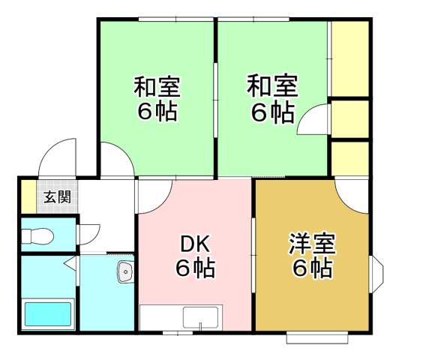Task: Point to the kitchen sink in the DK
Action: point(200,317)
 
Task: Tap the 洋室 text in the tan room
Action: point(312,244)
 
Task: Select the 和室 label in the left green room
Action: point(157,87)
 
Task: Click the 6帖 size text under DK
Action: point(196,268)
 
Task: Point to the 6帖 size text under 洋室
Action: point(312,268)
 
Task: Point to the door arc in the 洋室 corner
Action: point(352,196)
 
